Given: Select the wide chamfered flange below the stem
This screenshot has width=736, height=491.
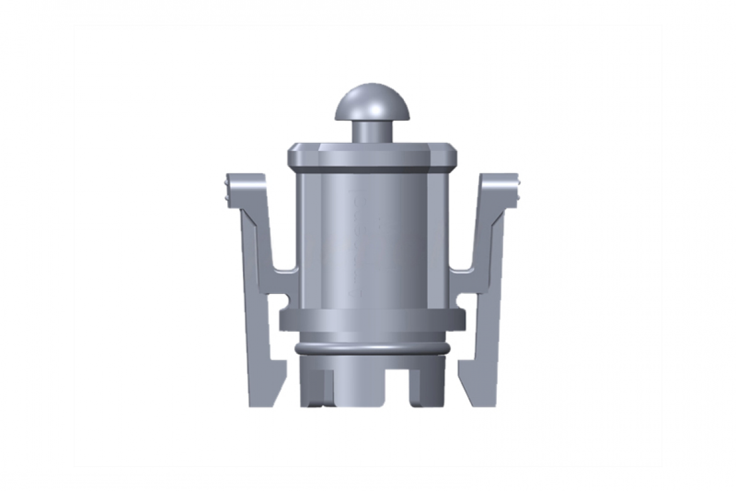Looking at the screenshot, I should (372, 155).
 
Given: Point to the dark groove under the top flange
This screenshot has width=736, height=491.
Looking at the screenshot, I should (372, 171).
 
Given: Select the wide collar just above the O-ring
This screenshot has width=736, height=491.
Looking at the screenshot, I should (372, 320).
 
